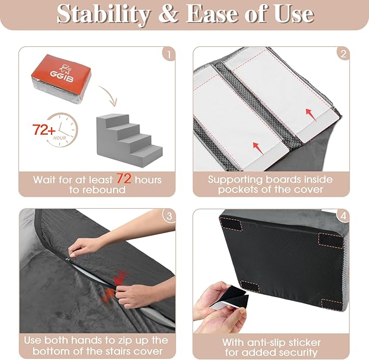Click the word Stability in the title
pos(102,15)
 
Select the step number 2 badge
pos(342,53)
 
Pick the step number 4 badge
pos(342,216)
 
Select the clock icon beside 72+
pos(65,130)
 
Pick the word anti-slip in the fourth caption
pos(271,343)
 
